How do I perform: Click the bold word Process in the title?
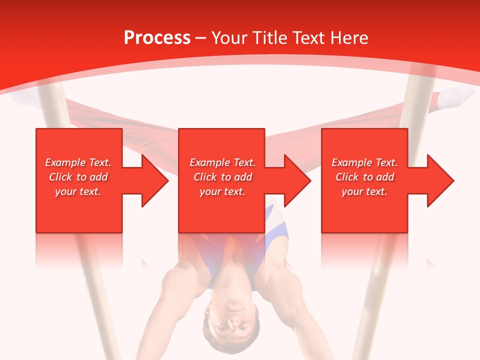point(157,38)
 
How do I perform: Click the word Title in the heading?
point(267,38)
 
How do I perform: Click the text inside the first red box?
point(78,177)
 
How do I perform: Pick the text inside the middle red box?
point(222,177)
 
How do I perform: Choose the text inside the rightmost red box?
point(364,177)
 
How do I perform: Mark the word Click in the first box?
point(61,177)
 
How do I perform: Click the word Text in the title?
point(308,38)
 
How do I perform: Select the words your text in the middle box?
point(222,191)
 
